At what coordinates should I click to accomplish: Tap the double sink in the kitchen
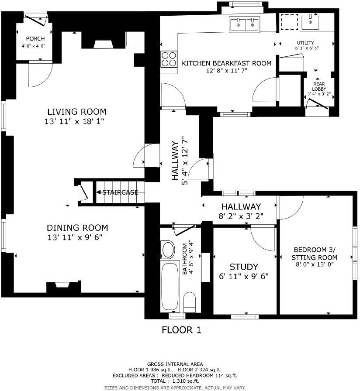point(245,25)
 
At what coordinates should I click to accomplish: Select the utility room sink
point(311,21)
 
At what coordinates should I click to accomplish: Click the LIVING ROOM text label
point(77,112)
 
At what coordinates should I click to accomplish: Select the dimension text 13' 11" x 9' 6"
point(77,237)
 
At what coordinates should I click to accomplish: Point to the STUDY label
point(244,267)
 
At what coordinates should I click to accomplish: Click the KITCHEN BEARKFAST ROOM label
point(226,63)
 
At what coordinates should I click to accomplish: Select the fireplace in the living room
point(103,43)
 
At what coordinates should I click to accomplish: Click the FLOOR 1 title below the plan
point(181,330)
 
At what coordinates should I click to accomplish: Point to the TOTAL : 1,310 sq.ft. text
point(175,381)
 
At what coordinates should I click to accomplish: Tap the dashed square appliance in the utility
point(289,22)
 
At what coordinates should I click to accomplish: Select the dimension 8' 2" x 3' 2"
point(241,216)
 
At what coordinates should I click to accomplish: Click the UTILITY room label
point(305,43)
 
